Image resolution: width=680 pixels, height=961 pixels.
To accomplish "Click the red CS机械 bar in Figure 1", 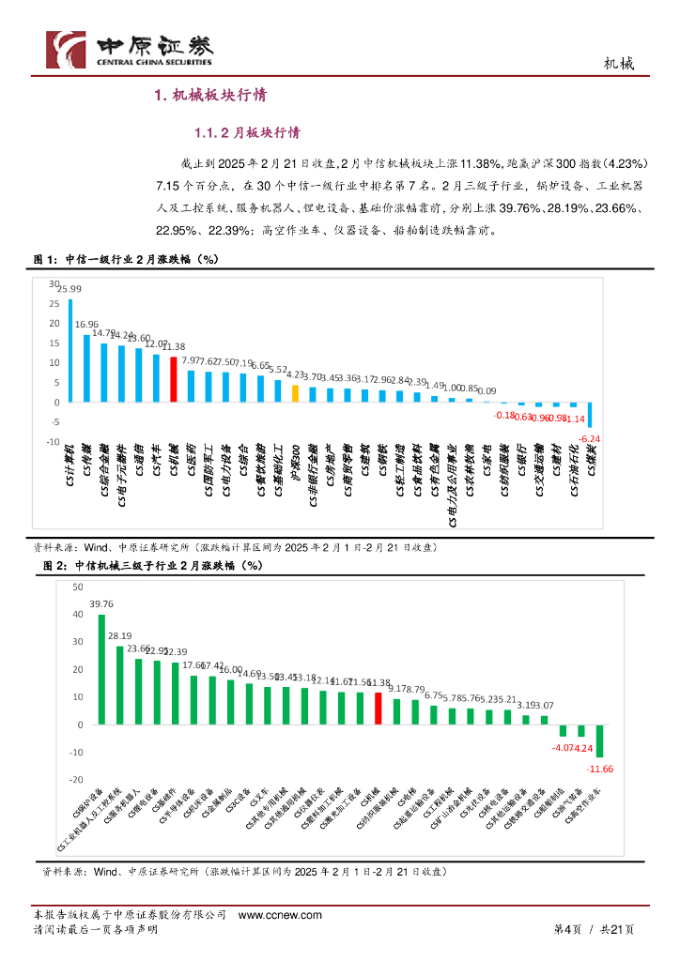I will (x=174, y=379).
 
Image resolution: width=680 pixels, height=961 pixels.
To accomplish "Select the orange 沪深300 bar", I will (x=295, y=393).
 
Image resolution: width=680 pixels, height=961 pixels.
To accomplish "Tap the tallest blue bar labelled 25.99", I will (x=70, y=350).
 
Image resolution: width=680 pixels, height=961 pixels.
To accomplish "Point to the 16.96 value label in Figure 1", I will (x=86, y=325).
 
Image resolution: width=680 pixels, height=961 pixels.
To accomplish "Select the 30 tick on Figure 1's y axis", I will (x=54, y=282).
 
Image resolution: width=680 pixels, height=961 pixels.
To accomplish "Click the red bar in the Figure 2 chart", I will (x=378, y=709).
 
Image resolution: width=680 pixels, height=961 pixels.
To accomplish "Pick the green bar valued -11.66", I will (x=599, y=740).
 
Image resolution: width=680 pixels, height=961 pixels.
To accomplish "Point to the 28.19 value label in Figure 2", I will (x=119, y=636).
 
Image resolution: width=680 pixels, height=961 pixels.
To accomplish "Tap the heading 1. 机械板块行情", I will (x=211, y=95).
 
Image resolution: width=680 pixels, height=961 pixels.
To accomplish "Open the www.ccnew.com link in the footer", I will (x=281, y=915).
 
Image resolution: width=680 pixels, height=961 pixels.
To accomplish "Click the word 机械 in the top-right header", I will (x=618, y=64).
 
